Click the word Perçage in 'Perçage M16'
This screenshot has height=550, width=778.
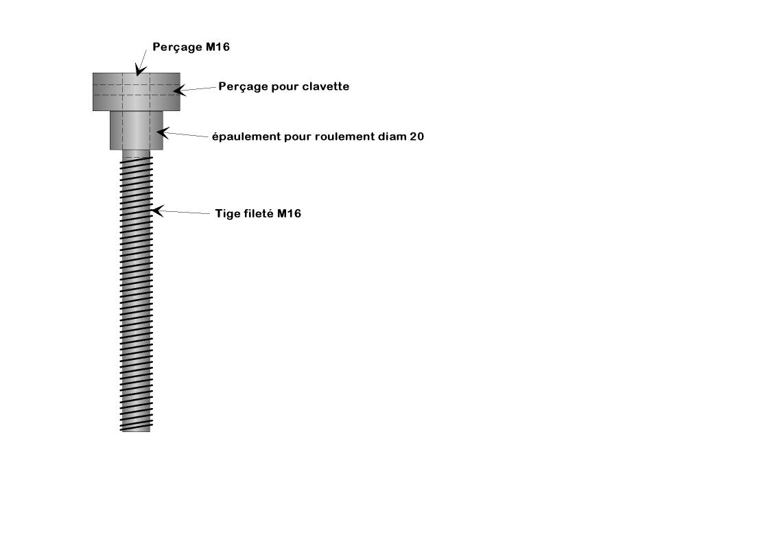click(177, 47)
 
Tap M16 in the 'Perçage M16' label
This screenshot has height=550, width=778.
click(217, 47)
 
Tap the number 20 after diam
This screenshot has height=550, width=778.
click(417, 136)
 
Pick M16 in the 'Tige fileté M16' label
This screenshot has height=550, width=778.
click(290, 213)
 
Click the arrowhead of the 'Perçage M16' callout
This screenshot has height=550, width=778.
click(140, 70)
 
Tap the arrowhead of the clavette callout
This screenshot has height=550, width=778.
click(179, 91)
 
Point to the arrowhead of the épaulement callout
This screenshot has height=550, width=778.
click(163, 133)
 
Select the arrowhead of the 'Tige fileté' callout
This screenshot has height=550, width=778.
click(157, 211)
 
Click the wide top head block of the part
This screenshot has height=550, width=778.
click(137, 92)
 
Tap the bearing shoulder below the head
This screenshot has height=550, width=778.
click(137, 130)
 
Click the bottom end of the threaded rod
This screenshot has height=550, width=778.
click(136, 431)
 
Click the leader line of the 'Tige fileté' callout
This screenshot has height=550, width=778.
click(184, 213)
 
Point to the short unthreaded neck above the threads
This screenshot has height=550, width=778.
click(137, 154)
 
